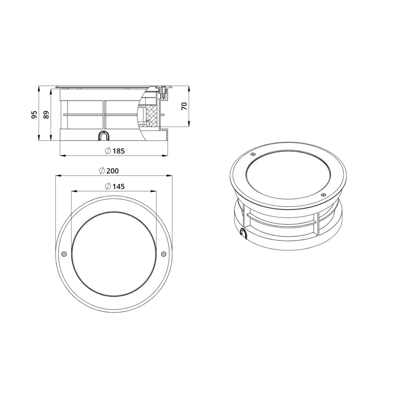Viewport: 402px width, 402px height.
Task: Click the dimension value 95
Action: tap(35, 115)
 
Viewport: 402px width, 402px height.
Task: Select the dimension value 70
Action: tap(184, 106)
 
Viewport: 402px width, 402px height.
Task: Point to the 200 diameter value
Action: tap(113, 171)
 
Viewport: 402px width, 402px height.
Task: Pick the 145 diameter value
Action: tap(119, 187)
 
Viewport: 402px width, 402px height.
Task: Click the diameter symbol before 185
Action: tap(107, 151)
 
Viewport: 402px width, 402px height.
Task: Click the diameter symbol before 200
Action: tap(102, 171)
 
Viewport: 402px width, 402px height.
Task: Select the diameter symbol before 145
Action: tap(107, 187)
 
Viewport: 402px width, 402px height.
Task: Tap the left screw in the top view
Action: tap(64, 254)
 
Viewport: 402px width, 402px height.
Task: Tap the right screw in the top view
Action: tap(163, 254)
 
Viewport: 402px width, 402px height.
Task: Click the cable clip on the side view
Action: tap(104, 135)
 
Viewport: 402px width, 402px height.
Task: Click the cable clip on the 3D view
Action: tap(244, 232)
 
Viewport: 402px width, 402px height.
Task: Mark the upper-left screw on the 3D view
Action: tap(252, 154)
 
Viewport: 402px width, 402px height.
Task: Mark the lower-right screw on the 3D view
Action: tap(323, 195)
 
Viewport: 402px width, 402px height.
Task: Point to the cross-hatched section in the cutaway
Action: tap(152, 115)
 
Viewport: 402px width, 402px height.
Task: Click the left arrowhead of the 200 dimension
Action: tap(57, 175)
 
